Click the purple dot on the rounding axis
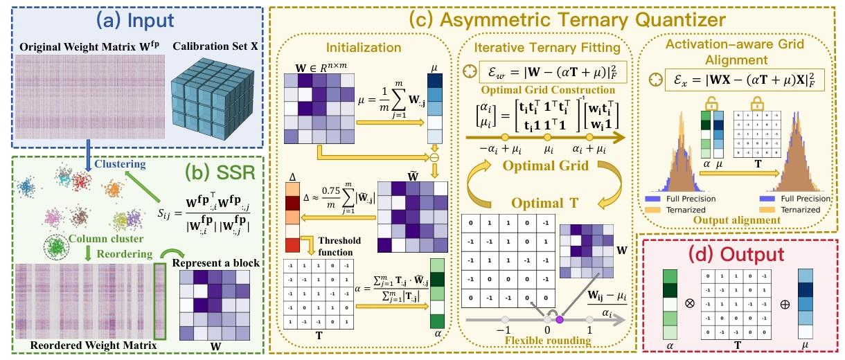[x=559, y=319]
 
